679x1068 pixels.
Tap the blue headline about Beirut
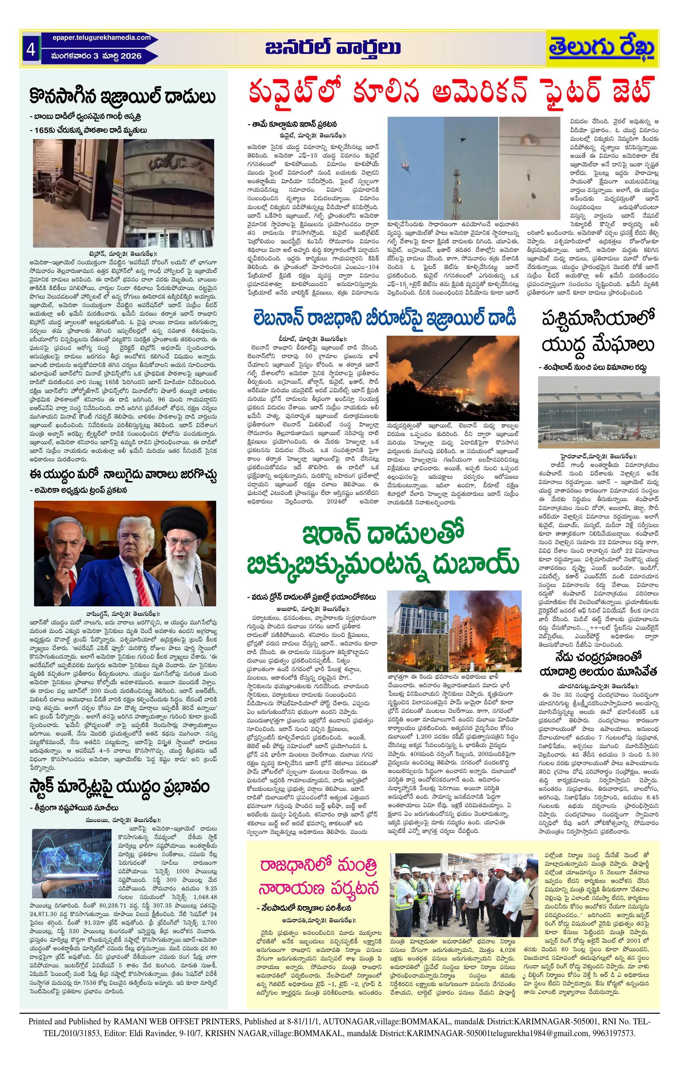[x=385, y=318]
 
